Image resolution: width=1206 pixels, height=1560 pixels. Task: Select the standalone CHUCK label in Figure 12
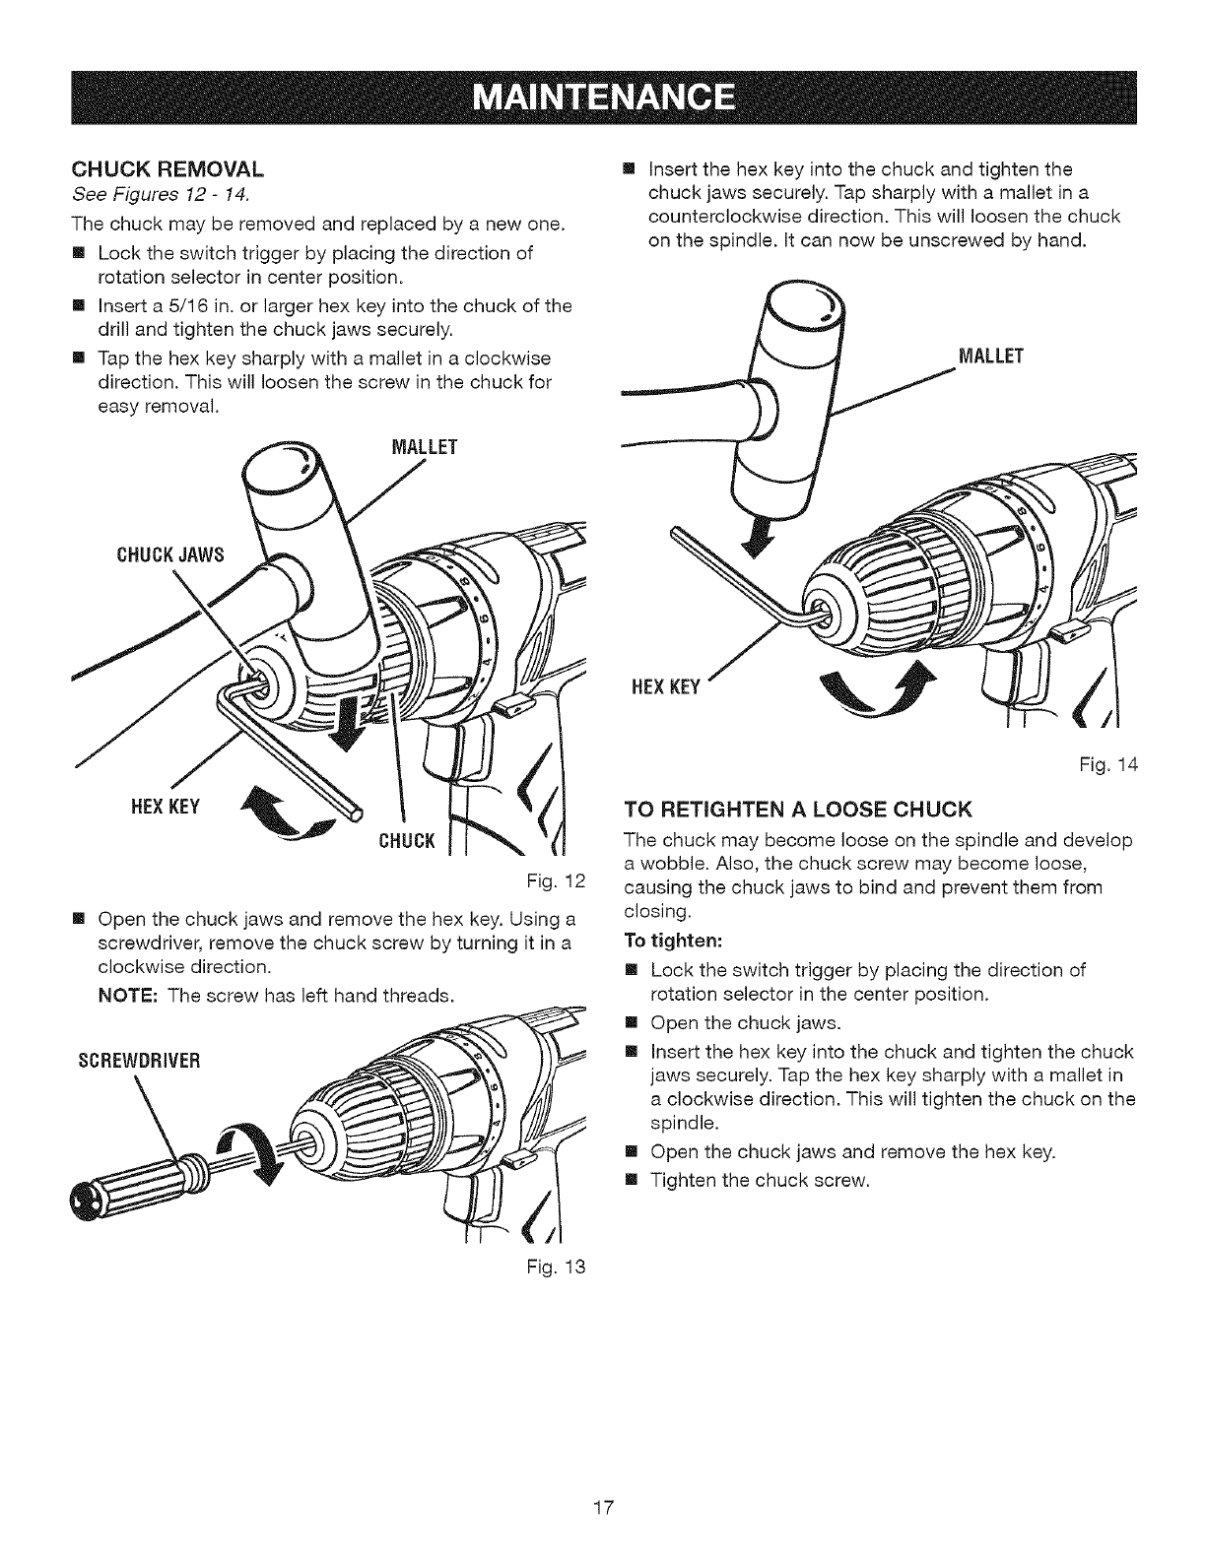pyautogui.click(x=405, y=839)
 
